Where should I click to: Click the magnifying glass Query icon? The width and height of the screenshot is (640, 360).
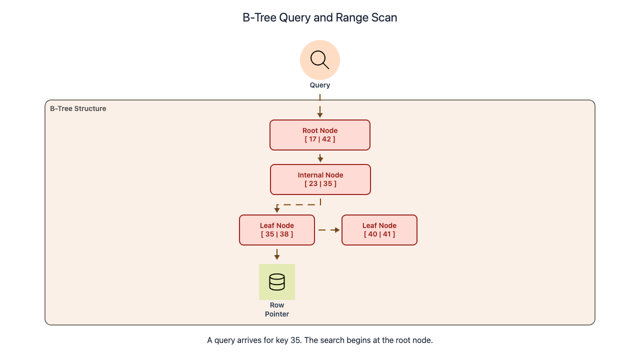tap(320, 60)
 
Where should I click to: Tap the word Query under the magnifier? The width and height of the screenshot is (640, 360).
tap(320, 85)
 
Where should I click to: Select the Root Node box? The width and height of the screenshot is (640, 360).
tap(320, 135)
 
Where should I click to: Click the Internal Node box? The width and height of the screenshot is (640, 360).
tap(320, 179)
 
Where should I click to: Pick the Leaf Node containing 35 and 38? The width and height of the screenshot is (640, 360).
tap(277, 230)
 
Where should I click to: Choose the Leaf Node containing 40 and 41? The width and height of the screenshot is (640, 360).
tap(379, 230)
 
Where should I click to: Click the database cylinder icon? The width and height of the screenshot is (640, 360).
tap(277, 282)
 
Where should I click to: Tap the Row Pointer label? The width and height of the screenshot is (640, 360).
tap(277, 309)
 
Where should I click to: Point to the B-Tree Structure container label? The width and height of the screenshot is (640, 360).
tap(78, 108)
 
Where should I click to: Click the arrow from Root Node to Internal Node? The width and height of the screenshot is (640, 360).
tap(320, 157)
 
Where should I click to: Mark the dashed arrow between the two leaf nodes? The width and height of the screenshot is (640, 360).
tap(328, 230)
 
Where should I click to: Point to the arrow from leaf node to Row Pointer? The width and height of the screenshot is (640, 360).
tap(277, 254)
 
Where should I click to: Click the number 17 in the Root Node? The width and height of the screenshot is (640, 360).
tap(312, 139)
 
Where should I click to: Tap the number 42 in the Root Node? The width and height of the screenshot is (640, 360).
tap(326, 139)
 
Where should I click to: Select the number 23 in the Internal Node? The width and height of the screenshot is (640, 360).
tap(313, 183)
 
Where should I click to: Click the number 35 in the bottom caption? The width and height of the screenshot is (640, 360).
tap(295, 340)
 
